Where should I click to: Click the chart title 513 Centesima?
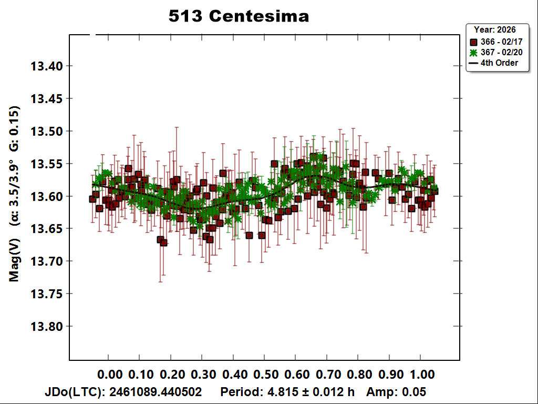[239, 16]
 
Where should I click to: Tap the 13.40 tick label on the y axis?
[47, 66]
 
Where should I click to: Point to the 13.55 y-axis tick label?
[47, 164]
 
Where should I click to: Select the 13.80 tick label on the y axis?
[47, 326]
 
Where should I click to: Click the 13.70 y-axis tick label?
[47, 261]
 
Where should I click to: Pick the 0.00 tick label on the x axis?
[110, 374]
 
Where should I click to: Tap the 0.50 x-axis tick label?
[266, 374]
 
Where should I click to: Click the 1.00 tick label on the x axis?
[422, 374]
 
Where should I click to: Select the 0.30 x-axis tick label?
[203, 374]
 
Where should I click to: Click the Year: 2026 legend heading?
[494, 29]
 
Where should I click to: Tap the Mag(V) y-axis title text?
[14, 260]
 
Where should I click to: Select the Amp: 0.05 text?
[396, 391]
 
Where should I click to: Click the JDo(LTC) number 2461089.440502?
[156, 391]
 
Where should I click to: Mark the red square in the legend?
[473, 42]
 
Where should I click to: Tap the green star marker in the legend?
[473, 53]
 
